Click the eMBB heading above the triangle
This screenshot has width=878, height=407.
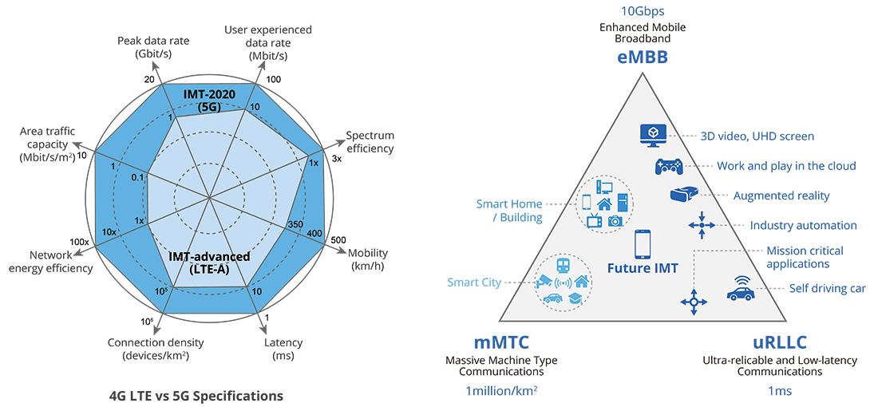[x=642, y=58]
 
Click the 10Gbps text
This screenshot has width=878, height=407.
[x=642, y=11]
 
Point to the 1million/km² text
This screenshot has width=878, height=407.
[x=500, y=390]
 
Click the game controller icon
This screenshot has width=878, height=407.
[x=668, y=166]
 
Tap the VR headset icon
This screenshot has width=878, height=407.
[x=682, y=195]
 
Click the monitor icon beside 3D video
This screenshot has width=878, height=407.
[x=653, y=136]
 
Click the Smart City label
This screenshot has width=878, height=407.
[x=474, y=283]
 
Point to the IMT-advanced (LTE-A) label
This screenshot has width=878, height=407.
[x=209, y=262]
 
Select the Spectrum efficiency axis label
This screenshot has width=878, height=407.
[x=370, y=141]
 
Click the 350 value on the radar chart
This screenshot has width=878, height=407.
[x=295, y=226]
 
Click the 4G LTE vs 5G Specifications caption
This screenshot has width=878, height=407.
[x=196, y=395]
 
